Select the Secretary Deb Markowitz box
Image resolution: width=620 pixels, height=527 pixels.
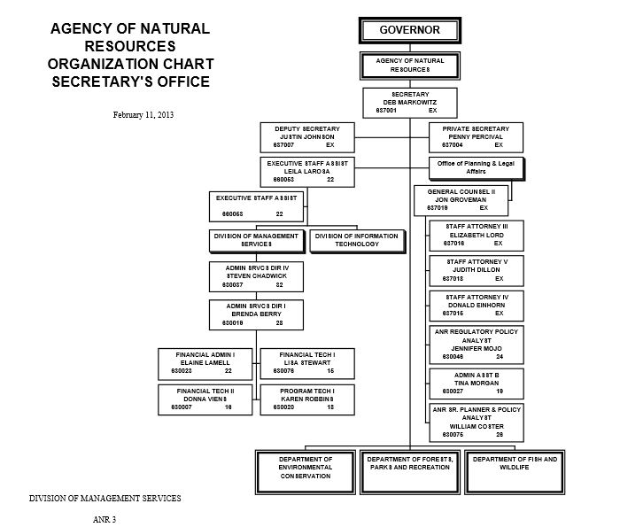click(x=409, y=102)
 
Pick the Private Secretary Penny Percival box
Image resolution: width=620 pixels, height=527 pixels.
click(x=476, y=137)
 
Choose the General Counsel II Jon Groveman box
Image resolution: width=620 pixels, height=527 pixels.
click(x=461, y=200)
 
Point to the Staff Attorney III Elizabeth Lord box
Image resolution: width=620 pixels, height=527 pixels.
click(x=476, y=235)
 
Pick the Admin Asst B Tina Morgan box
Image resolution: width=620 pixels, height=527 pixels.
click(x=476, y=383)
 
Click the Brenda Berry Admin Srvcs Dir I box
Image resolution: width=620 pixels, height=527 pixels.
click(x=255, y=314)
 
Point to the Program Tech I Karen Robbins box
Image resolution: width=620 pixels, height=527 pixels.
click(x=306, y=399)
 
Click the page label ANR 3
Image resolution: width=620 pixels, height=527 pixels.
click(x=105, y=517)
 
